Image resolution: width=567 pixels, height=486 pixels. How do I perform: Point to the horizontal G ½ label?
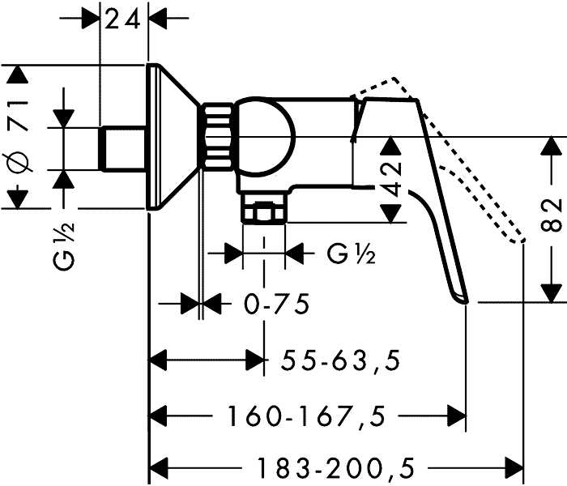click(351, 254)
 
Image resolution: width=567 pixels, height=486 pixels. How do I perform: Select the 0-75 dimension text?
click(276, 305)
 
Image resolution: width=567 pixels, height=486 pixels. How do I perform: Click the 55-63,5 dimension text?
click(342, 359)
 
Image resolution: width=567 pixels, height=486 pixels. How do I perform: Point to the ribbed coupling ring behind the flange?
click(216, 137)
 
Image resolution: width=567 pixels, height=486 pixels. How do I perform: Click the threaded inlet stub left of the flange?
click(122, 149)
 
